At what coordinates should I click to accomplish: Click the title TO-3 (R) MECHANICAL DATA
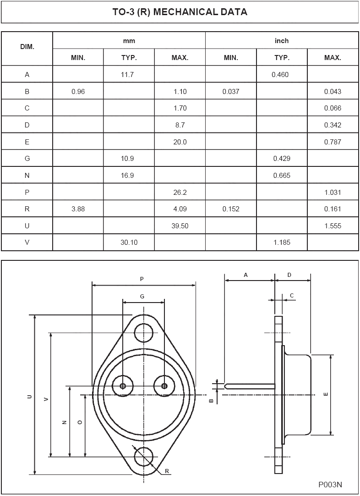tap(180, 12)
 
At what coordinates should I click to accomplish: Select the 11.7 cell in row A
tap(128, 75)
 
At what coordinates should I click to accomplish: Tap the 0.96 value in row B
tap(78, 91)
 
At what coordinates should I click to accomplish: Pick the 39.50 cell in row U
tap(180, 226)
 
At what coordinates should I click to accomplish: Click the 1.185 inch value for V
tap(282, 242)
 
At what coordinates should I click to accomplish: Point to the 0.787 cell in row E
tap(333, 142)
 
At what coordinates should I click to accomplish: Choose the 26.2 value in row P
tap(180, 193)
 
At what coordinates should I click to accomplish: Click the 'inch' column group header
tap(282, 41)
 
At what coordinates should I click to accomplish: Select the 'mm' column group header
tap(129, 41)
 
